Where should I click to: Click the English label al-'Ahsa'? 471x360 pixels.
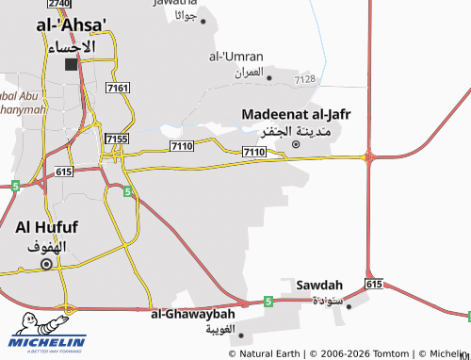coord(72,25)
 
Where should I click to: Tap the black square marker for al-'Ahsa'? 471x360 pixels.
coord(72,66)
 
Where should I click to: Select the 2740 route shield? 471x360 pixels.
coord(58,4)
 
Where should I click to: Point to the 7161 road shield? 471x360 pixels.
coord(119,88)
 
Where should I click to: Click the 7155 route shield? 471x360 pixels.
coord(117,139)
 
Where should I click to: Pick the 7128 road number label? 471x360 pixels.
coord(304,79)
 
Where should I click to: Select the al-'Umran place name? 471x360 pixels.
coord(235,56)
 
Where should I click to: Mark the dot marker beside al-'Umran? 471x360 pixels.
coord(269,78)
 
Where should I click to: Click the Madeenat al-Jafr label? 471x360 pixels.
coord(296,114)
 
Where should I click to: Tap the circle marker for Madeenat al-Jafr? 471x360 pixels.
coord(296,144)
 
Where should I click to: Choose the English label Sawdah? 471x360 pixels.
coord(314,284)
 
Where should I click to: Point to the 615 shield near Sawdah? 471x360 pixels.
coord(374,283)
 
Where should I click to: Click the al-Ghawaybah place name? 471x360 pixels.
coord(192,314)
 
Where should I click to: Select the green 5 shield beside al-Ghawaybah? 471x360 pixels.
coord(268,302)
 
